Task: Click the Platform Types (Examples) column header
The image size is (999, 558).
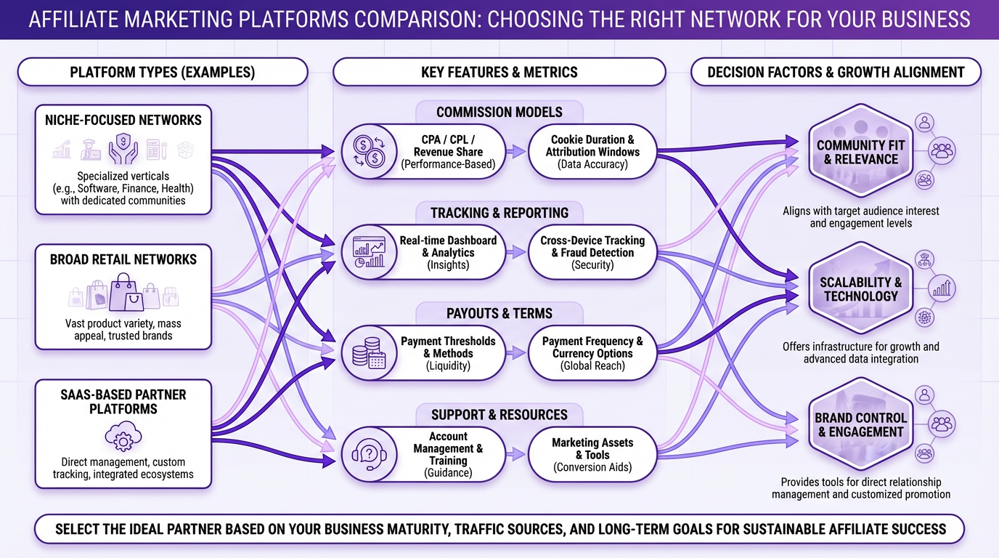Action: point(163,72)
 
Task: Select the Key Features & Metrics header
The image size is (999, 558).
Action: point(499,72)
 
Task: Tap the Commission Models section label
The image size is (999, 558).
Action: point(499,112)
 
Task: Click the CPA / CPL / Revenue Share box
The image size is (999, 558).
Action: point(448,152)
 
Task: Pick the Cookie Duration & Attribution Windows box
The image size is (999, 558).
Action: point(592,152)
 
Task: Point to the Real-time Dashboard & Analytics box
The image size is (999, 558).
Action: point(448,252)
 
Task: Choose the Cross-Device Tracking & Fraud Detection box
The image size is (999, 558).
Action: point(592,252)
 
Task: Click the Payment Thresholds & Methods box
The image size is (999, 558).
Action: point(448,353)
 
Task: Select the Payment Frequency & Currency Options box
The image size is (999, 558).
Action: point(592,353)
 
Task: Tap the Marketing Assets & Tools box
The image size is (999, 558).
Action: point(592,454)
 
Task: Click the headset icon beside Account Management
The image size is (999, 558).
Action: point(367,455)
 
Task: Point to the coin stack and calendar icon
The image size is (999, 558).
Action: point(368,354)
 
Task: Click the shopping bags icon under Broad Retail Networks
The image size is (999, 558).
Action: point(123,293)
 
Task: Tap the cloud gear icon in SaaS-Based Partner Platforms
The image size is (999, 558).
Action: point(123,437)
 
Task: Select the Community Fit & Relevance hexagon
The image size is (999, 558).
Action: point(860,152)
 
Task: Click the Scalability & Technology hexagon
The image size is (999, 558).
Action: point(860,288)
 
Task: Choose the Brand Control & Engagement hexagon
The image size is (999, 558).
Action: point(860,425)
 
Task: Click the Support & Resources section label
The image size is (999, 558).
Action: point(499,415)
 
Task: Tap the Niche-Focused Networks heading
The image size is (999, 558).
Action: point(123,120)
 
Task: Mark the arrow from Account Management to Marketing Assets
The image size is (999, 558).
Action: point(516,455)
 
